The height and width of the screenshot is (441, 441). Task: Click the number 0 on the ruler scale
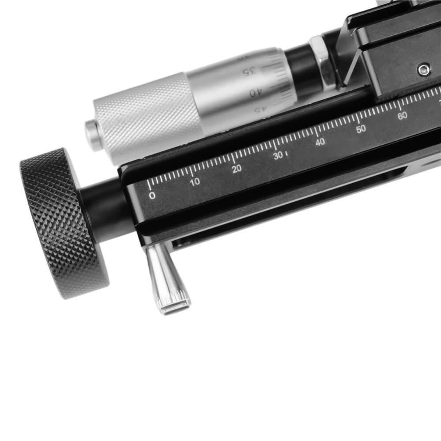152,195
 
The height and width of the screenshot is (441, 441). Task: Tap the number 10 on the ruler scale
195,182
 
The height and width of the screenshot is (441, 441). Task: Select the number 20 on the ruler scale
237,169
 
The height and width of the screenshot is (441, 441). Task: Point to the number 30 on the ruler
278,155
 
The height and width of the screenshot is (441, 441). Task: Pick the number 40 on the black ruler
320,142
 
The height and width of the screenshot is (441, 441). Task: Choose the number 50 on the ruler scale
361,129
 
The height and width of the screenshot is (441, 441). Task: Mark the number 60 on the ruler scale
402,116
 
